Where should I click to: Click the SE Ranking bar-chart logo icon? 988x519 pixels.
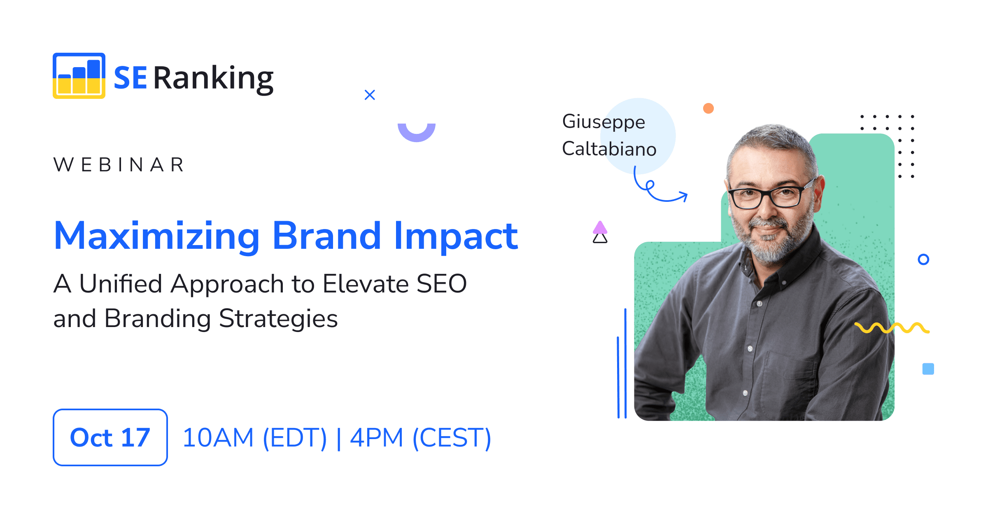click(x=79, y=76)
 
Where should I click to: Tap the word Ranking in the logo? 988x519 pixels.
click(x=213, y=78)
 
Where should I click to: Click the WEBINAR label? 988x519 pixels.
click(x=119, y=165)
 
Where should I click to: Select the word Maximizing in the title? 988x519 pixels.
click(x=156, y=236)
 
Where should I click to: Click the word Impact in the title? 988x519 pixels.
click(x=456, y=236)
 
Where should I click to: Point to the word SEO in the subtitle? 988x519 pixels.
click(x=441, y=284)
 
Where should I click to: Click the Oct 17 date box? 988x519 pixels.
click(x=110, y=437)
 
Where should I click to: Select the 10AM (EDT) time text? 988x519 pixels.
click(x=254, y=437)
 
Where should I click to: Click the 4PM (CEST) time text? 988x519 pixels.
click(x=420, y=437)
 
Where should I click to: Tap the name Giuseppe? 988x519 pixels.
click(x=604, y=122)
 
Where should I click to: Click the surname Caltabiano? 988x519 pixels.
click(x=609, y=149)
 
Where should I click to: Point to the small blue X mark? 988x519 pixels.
click(x=370, y=95)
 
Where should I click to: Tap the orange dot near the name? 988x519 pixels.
click(x=708, y=108)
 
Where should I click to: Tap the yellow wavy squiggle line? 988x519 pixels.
click(x=892, y=328)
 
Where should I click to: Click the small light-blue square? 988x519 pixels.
click(x=928, y=369)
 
